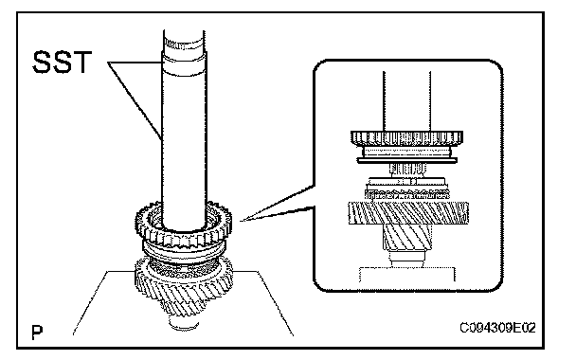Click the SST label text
[62, 63]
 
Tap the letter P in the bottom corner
[37, 333]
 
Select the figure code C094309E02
[497, 327]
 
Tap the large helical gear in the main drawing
[183, 290]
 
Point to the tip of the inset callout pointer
[241, 221]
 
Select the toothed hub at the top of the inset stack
[406, 138]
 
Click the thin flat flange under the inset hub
[407, 160]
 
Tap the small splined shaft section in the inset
[407, 170]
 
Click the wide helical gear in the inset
[408, 212]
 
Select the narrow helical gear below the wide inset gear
[407, 237]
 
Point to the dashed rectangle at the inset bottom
[407, 274]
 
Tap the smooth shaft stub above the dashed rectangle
[407, 259]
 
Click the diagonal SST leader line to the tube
[135, 101]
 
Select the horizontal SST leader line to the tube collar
[135, 63]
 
